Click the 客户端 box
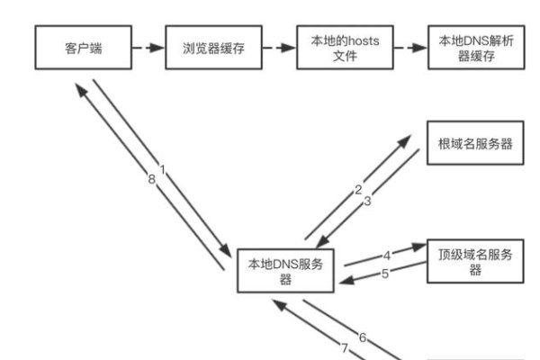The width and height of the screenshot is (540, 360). [83, 48]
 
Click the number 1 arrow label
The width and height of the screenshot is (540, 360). [163, 169]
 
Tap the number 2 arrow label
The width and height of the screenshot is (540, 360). [357, 190]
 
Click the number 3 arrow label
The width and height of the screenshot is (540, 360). [367, 202]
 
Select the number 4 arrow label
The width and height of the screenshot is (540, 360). [387, 255]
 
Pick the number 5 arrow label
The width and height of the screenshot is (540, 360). [384, 274]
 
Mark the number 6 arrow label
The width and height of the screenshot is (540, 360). [363, 338]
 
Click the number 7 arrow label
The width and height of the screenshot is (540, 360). [343, 347]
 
